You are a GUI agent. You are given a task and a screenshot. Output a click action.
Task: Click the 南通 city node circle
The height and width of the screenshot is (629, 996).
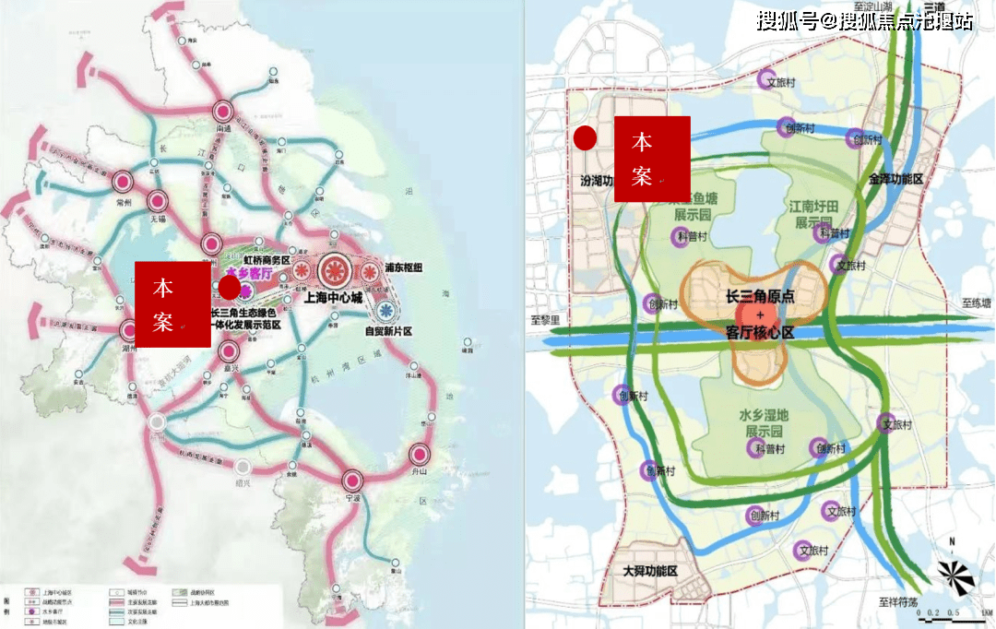pos(222,108)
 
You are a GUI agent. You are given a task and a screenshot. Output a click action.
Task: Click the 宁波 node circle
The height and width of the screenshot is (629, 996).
pos(351,480)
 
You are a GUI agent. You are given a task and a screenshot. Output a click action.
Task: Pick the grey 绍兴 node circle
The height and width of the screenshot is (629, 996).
pos(243,467)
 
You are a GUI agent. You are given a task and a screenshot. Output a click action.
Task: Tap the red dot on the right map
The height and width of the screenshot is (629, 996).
pos(585,138)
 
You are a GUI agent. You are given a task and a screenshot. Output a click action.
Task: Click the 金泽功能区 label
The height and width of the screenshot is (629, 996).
pos(895,178)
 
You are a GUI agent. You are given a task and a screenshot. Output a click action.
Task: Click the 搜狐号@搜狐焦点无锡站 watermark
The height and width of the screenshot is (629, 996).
pos(864,20)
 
